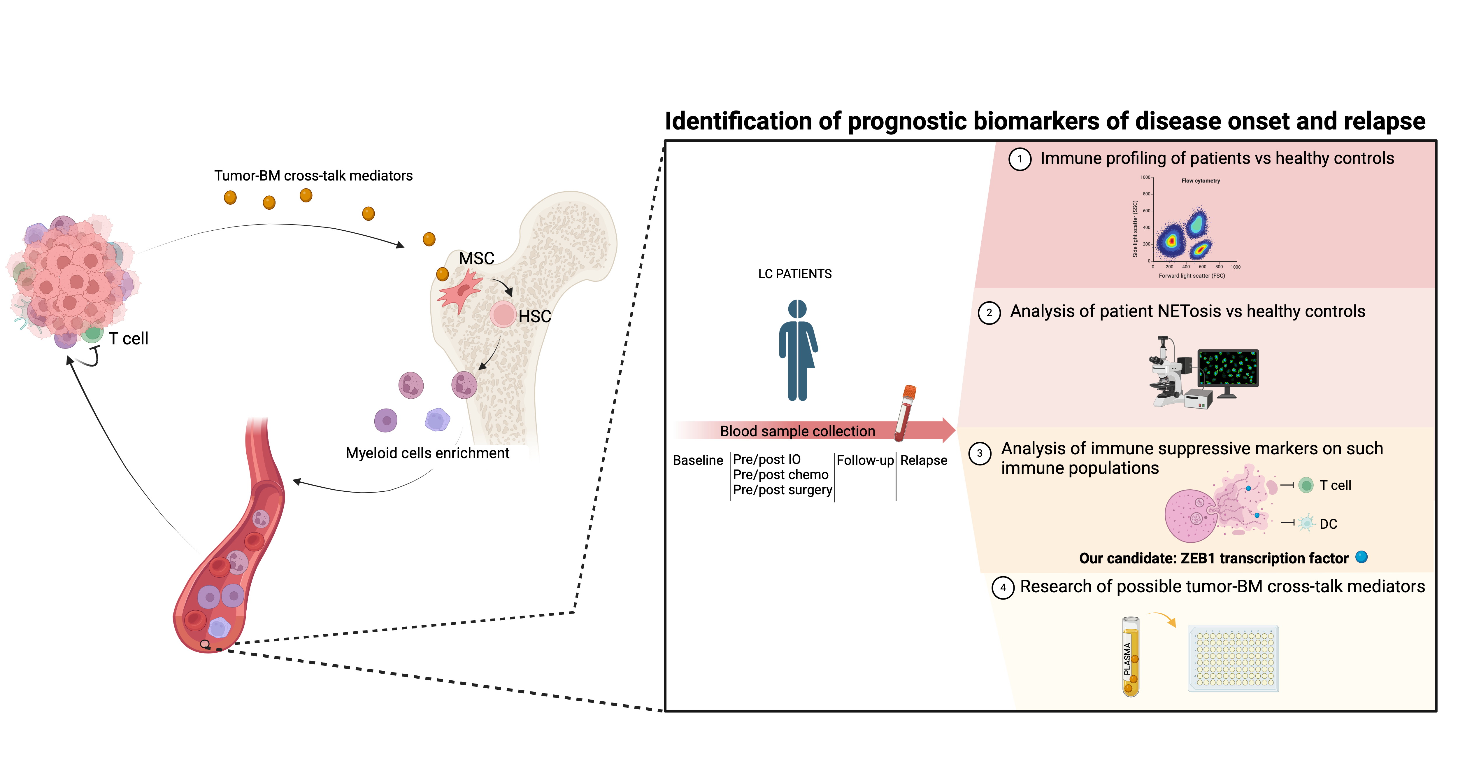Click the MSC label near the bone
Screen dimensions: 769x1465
[477, 258]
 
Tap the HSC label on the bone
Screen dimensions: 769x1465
[535, 316]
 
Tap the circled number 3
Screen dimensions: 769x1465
[979, 454]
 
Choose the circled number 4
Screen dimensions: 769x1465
[1003, 588]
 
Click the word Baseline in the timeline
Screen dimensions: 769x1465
[698, 460]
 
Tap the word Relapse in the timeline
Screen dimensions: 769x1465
[924, 460]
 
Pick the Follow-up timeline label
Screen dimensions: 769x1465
[865, 460]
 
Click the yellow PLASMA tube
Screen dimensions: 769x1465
[1131, 657]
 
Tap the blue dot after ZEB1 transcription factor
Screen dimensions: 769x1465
[1362, 557]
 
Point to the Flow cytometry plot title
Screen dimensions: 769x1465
[1201, 181]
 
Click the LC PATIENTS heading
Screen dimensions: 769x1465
[794, 274]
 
